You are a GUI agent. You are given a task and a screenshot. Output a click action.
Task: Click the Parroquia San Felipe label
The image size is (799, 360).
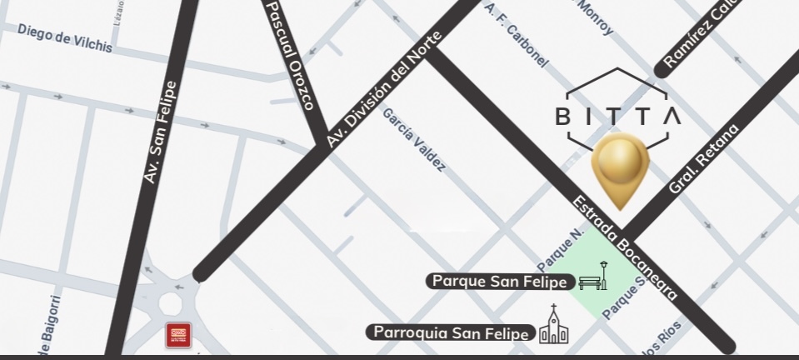pos(451,333)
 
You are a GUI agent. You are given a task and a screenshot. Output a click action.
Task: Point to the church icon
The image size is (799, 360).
pos(554,326)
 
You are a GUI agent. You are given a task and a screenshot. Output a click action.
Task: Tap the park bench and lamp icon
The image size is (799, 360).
pos(592,276)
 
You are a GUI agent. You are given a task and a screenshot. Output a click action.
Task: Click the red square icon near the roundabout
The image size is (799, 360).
pos(178,335)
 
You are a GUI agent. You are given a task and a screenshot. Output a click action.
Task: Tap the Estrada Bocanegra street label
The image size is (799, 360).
pos(626,247)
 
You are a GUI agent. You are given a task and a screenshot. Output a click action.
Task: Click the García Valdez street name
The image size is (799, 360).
pos(414,138)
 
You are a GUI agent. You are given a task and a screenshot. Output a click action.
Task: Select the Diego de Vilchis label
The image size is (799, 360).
pos(64,37)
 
